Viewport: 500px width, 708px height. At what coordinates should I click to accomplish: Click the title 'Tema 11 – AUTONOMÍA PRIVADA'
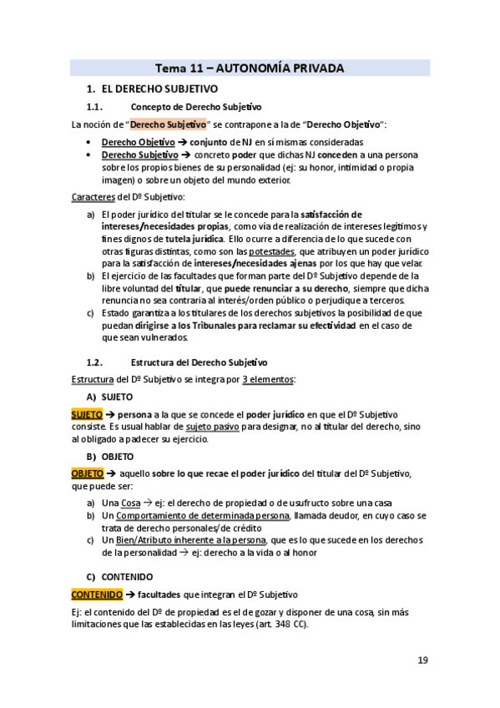[x=250, y=68]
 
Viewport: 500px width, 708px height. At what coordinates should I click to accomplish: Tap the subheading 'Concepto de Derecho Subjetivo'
[x=196, y=107]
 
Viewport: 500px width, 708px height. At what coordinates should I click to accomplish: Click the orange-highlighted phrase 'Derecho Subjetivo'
[x=168, y=124]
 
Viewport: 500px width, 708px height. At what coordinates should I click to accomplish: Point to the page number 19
[x=422, y=660]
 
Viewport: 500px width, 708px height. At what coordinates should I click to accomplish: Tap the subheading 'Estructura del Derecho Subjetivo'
[x=199, y=362]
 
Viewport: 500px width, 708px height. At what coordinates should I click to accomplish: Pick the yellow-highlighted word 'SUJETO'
[x=86, y=414]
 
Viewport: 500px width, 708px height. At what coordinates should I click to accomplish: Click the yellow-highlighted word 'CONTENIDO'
[x=95, y=594]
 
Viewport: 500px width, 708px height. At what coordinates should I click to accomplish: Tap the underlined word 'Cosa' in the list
[x=131, y=503]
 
